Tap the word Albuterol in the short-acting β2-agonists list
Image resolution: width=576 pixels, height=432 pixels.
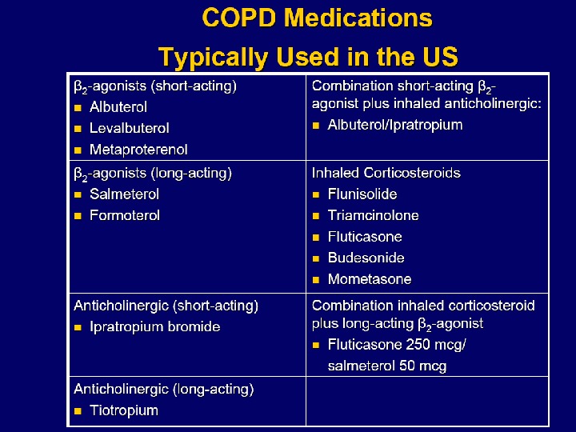click(118, 106)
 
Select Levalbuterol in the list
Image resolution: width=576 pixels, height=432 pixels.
click(129, 128)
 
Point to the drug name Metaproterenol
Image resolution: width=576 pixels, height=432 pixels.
click(138, 150)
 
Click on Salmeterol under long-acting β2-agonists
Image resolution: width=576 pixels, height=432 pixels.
click(124, 194)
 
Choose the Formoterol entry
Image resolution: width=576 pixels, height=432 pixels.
click(125, 215)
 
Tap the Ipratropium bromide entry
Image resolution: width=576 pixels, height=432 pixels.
click(154, 326)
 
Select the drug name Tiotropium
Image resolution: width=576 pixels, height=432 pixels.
click(123, 410)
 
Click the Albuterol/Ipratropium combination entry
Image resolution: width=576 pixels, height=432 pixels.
click(394, 125)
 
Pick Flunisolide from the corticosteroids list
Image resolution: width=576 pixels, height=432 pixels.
click(362, 194)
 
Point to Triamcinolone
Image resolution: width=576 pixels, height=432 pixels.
click(373, 215)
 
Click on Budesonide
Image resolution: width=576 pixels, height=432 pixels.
click(366, 258)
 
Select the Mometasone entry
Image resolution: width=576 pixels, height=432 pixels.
click(370, 279)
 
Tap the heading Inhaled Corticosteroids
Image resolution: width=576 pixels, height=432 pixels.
click(386, 173)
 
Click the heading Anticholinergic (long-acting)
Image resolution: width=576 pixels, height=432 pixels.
click(163, 390)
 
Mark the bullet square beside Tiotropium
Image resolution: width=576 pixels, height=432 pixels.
click(78, 411)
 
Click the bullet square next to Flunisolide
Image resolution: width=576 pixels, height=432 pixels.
click(316, 194)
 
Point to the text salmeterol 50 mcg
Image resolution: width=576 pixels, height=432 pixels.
click(386, 366)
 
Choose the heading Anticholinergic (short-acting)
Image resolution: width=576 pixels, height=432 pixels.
click(166, 306)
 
